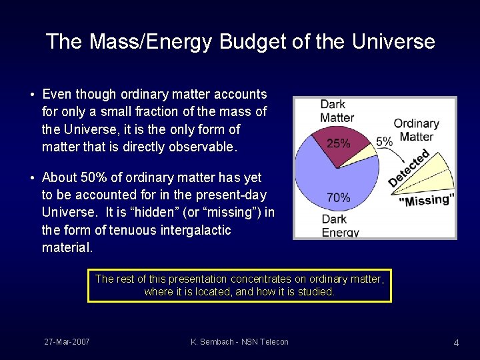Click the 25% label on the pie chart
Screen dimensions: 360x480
tap(339, 143)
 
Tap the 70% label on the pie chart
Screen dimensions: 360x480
tap(339, 197)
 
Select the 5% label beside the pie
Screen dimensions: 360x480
tap(384, 141)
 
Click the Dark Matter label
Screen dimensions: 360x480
tap(337, 111)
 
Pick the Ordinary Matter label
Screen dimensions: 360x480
tap(416, 130)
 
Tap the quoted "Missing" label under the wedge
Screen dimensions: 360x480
tap(427, 199)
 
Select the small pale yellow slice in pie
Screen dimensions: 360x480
tap(365, 150)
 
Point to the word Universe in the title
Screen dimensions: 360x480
tap(393, 42)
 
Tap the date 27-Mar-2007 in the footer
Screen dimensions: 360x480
tap(67, 342)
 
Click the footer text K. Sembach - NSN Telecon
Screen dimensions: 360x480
tap(239, 342)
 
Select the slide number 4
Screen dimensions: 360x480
tap(456, 343)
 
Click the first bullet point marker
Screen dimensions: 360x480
tap(33, 95)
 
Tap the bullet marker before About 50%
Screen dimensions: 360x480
tap(33, 178)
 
